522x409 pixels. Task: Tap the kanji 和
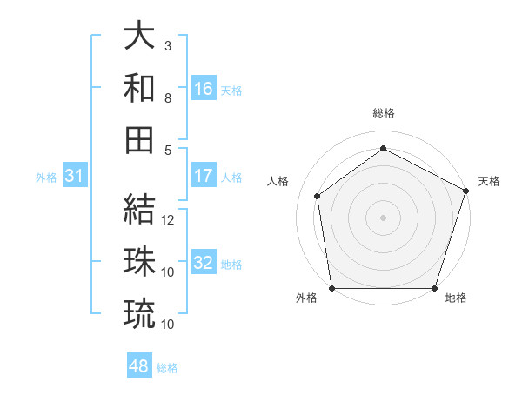click(140, 89)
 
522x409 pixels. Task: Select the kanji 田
click(140, 140)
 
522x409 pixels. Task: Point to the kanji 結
click(140, 209)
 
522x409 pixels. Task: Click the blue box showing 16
click(204, 89)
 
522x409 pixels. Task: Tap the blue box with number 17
click(204, 176)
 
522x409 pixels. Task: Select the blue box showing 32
click(204, 263)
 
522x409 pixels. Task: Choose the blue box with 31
click(75, 177)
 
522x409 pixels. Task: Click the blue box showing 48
click(139, 366)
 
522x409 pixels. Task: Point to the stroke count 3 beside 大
click(168, 45)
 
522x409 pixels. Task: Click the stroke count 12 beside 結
click(169, 220)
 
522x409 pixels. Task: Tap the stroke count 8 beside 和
click(168, 98)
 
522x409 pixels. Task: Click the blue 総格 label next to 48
click(167, 368)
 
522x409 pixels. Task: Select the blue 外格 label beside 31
click(46, 178)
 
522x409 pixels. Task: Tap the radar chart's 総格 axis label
click(383, 113)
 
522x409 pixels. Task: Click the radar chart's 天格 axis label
click(489, 181)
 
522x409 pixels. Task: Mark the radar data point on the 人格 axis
click(318, 196)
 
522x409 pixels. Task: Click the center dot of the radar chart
click(383, 217)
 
